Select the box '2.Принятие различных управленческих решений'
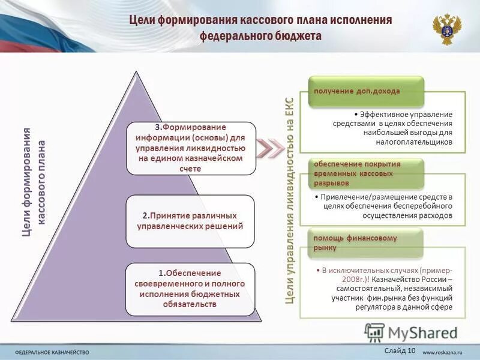click(x=190, y=221)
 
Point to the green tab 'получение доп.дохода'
click(x=356, y=91)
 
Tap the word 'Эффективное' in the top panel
click(x=383, y=114)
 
